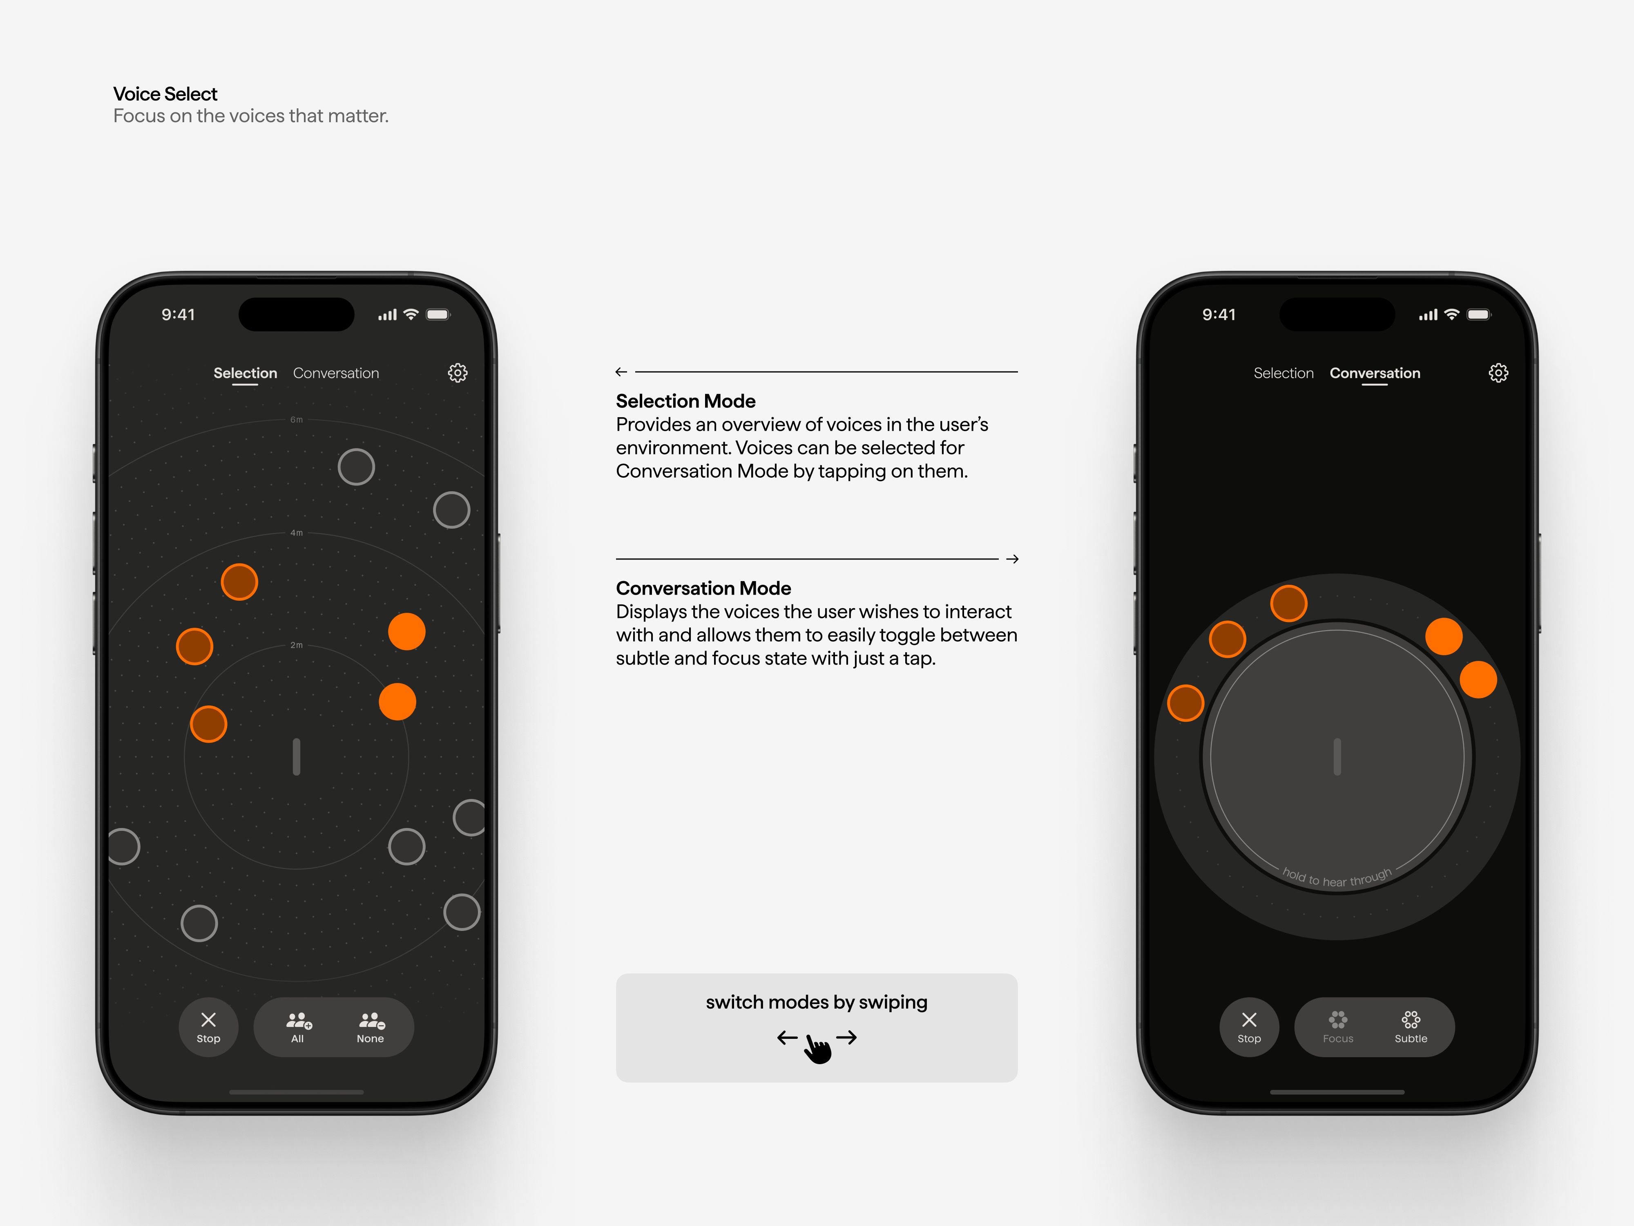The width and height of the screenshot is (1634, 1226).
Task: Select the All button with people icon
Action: point(298,1027)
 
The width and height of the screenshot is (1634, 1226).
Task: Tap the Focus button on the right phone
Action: point(1338,1027)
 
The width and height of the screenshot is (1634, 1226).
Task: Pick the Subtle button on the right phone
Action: point(1411,1027)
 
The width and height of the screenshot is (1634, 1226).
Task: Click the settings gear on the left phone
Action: point(458,372)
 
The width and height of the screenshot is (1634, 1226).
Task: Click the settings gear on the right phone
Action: point(1498,372)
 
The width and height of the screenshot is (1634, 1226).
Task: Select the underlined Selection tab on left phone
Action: point(245,373)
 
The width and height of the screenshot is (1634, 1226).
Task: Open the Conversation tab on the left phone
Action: point(336,373)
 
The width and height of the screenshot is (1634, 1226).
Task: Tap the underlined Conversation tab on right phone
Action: point(1375,373)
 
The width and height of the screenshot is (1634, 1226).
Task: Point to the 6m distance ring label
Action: point(296,420)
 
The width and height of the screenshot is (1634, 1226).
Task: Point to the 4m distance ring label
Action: point(296,533)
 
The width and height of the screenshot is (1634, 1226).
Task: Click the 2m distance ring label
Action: point(296,645)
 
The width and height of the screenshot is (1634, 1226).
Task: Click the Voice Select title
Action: point(165,94)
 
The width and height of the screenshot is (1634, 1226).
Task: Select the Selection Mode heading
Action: point(685,401)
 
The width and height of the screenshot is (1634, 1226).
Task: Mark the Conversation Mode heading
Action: point(703,588)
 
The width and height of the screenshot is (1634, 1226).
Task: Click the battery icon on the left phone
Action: point(438,315)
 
